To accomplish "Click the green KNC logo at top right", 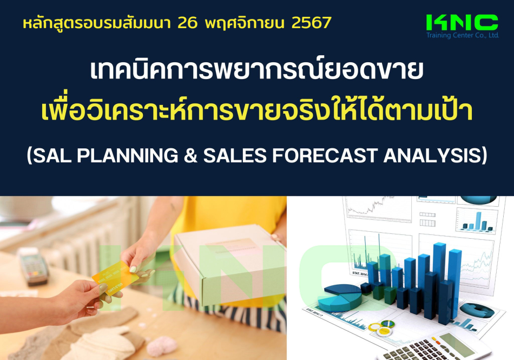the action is point(462,23).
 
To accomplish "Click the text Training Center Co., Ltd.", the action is point(463,35).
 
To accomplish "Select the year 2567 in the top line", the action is point(312,23).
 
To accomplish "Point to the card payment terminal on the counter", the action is point(33,266).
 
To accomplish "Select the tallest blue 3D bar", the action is point(439,282).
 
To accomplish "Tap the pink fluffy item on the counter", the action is point(162,346).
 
